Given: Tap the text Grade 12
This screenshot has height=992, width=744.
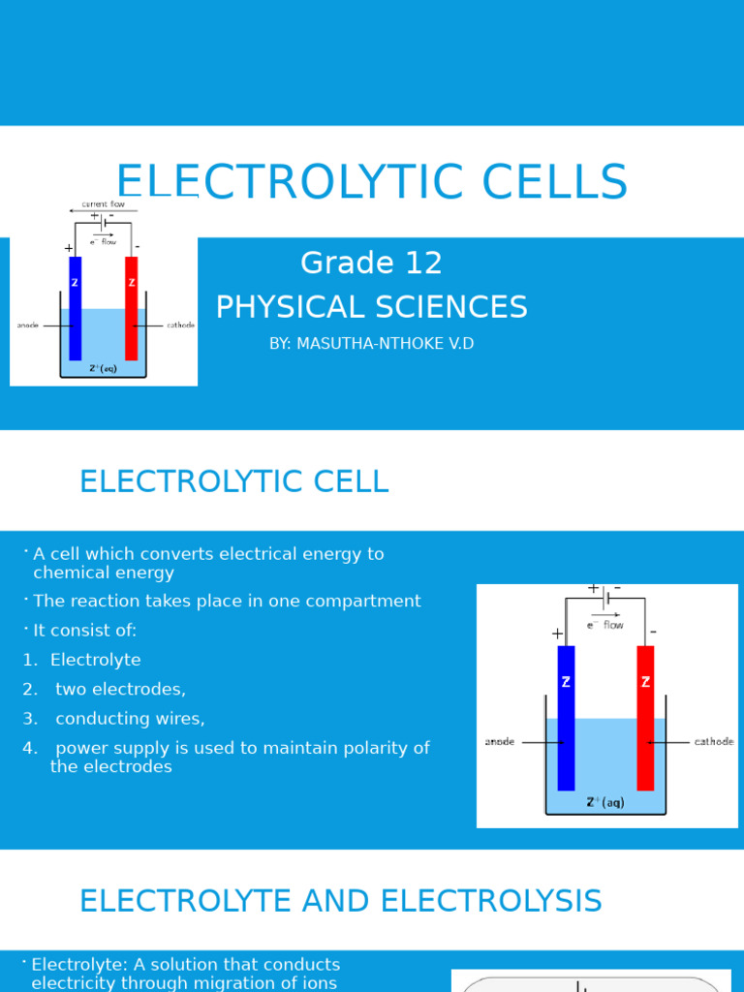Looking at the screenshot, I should click(371, 263).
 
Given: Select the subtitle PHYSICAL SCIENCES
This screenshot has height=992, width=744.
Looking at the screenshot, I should click(371, 307).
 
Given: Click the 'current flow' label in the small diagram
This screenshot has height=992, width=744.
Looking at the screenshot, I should click(103, 204).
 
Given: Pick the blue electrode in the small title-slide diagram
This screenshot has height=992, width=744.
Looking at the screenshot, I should click(75, 308).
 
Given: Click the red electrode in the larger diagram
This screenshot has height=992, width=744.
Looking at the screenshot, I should click(645, 717).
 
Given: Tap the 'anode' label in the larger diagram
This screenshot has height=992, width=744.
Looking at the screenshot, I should click(500, 742).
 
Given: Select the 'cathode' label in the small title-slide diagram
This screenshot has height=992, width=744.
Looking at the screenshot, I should click(180, 325).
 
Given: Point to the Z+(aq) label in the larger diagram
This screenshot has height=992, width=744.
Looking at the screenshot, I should click(605, 802).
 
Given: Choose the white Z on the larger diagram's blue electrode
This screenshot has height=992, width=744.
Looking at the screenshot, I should click(566, 682).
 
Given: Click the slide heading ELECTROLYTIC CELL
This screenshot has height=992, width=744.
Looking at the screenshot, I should click(233, 481).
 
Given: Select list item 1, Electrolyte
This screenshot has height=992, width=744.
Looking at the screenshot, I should click(95, 660).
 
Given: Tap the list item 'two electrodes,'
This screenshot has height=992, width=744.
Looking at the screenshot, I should click(120, 689).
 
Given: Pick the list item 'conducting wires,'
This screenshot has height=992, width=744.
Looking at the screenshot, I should click(130, 719).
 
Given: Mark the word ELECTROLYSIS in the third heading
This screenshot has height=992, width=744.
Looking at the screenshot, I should click(491, 901).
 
